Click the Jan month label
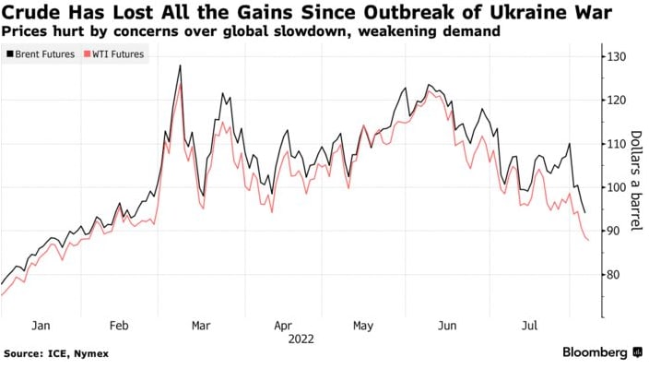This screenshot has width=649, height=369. (40, 326)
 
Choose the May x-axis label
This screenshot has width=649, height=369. (363, 326)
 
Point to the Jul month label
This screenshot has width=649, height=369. (527, 326)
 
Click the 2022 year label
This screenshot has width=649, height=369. (301, 339)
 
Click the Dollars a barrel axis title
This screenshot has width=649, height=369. (635, 182)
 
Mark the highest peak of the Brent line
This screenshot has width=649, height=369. (180, 65)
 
